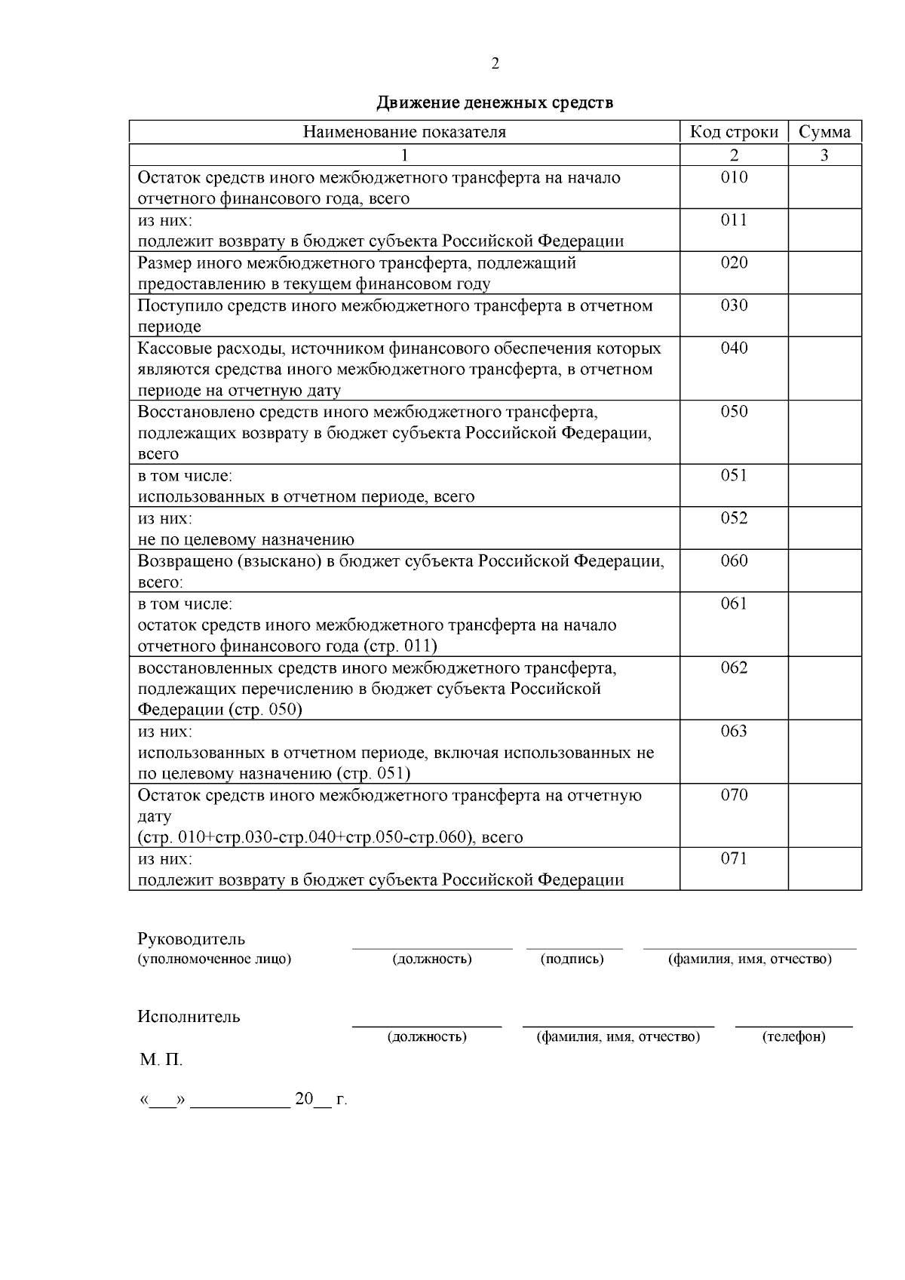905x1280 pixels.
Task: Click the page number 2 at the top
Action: pos(495,64)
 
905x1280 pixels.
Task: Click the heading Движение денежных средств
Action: pos(495,103)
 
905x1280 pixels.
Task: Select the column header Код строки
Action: pos(734,132)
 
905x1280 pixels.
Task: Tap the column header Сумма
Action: pos(824,132)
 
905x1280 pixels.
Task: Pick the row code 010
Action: pos(734,177)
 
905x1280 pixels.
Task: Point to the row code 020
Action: pos(734,262)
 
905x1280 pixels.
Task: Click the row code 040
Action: pos(734,348)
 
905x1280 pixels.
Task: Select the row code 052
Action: pos(734,517)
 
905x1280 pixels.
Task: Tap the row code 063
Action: pos(734,731)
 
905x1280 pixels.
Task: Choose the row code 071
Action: pos(734,858)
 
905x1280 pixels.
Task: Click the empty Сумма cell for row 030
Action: pos(824,315)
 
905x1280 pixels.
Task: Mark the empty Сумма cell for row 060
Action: pos(824,570)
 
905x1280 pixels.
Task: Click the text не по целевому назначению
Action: pos(246,540)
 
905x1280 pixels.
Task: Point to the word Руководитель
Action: pos(192,939)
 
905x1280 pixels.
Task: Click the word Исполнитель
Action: pos(189,1017)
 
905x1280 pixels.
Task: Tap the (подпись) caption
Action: pos(572,959)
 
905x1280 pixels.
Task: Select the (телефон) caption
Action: pos(794,1037)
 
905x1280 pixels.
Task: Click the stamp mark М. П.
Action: pos(161,1061)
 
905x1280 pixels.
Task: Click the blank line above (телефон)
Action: pos(794,1025)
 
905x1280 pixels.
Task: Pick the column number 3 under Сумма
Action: pos(824,155)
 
